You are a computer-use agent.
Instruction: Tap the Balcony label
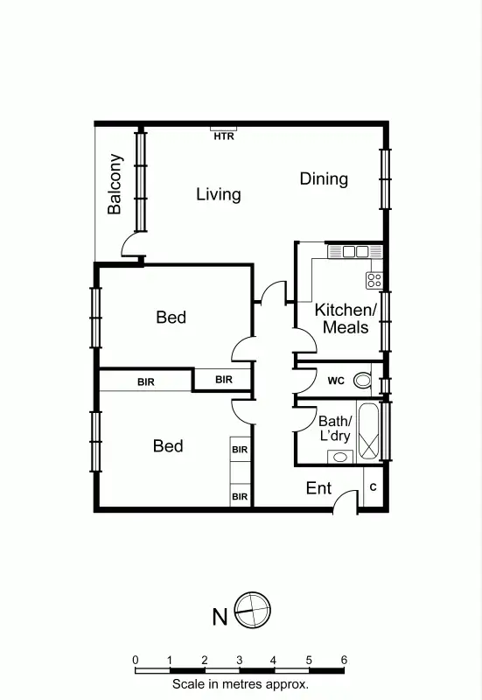(115, 185)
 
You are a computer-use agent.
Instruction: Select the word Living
(218, 193)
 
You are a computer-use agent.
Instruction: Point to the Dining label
(324, 178)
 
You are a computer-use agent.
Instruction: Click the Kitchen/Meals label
(346, 318)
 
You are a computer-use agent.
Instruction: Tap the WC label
(336, 381)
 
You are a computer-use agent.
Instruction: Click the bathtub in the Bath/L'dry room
(370, 432)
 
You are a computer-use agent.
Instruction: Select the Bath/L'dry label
(334, 428)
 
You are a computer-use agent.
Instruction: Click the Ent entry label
(318, 488)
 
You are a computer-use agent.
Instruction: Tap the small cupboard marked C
(374, 486)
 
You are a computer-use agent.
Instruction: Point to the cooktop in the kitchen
(374, 280)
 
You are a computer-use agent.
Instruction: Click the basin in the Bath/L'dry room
(339, 456)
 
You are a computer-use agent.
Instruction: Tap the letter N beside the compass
(220, 617)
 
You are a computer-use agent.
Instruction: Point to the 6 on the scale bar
(344, 660)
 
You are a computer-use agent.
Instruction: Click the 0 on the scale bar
(136, 660)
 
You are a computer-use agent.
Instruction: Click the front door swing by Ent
(346, 500)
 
